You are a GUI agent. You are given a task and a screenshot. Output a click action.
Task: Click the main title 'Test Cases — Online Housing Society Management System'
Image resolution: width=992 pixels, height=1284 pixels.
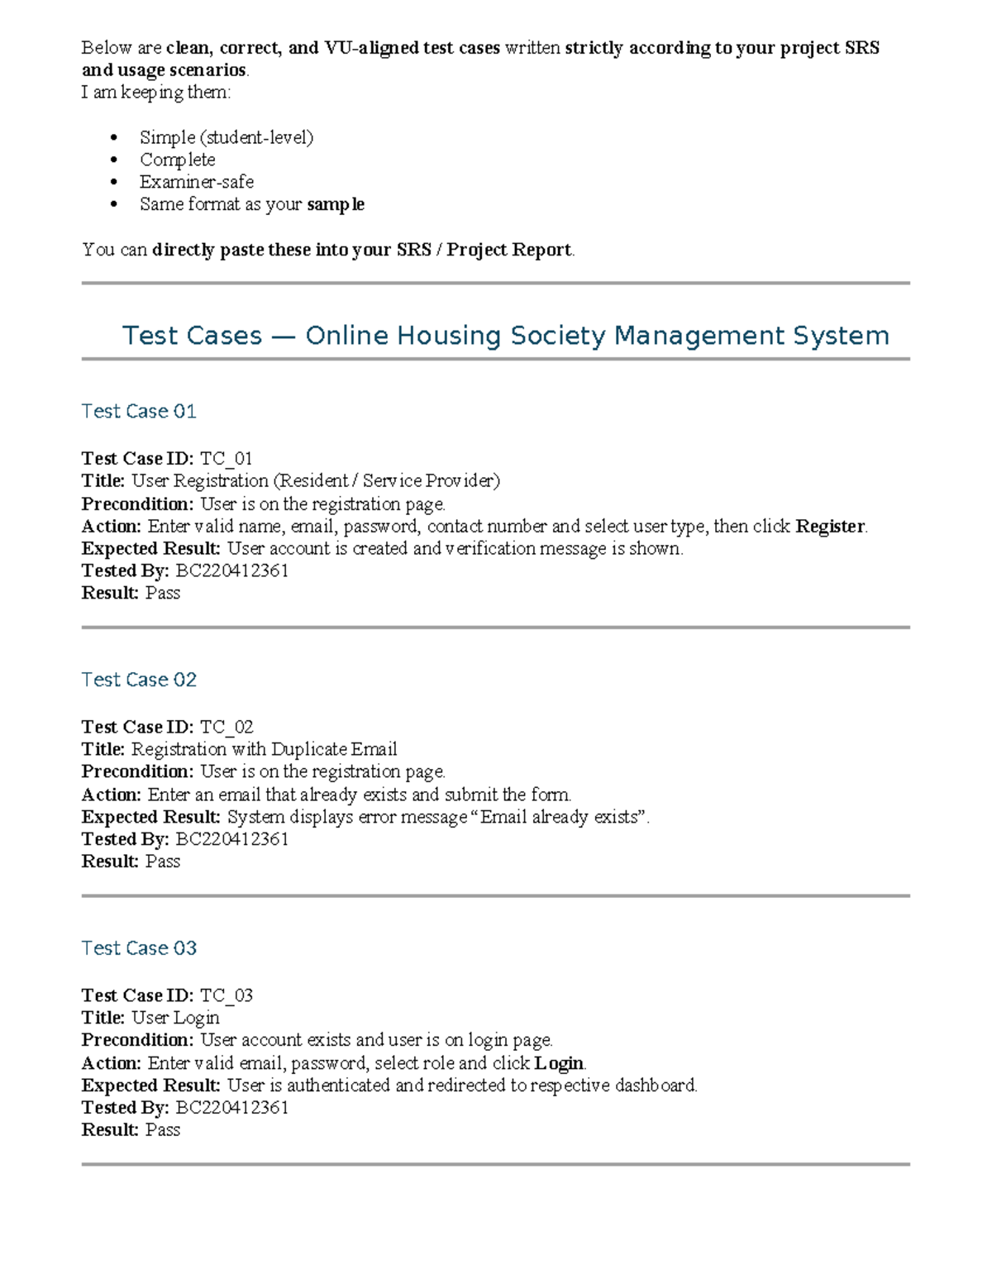tap(505, 336)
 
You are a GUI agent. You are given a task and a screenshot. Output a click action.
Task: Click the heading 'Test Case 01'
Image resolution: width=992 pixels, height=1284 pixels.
tap(139, 412)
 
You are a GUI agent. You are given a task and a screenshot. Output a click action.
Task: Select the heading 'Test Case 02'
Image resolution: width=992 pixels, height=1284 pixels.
tap(139, 680)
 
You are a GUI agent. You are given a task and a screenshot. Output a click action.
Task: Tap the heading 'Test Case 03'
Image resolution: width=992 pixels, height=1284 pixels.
tap(139, 948)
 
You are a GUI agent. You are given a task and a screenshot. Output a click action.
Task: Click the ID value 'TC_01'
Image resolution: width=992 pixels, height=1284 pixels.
tap(226, 459)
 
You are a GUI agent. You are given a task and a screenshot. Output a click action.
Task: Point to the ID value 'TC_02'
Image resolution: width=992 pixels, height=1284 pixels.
tap(226, 728)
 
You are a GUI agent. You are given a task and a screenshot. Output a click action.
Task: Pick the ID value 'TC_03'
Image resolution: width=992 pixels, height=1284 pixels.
tap(226, 995)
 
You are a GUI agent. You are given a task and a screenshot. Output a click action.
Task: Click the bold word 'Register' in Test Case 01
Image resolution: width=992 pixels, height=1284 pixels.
tap(830, 527)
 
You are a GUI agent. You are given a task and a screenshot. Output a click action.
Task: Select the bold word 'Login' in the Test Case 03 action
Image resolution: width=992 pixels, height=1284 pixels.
tap(559, 1063)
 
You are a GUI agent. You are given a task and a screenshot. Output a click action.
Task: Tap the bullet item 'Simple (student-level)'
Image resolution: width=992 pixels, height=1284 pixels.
tap(227, 137)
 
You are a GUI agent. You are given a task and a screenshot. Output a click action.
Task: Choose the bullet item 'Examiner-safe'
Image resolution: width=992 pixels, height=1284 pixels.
tap(197, 182)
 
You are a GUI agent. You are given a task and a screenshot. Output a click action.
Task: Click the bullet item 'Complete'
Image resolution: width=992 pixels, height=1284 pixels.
tap(177, 160)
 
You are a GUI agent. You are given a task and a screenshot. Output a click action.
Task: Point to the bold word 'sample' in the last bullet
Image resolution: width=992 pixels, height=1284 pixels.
tap(335, 204)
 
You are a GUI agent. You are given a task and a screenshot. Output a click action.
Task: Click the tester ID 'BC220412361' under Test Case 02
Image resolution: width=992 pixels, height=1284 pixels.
tap(232, 840)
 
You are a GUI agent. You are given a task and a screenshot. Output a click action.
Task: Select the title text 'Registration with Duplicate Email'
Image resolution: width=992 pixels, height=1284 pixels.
tap(265, 750)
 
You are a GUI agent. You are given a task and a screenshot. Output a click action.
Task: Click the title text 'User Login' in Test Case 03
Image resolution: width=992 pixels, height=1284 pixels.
tap(175, 1018)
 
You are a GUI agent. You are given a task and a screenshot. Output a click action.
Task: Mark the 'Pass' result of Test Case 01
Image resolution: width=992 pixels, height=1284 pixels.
tap(163, 594)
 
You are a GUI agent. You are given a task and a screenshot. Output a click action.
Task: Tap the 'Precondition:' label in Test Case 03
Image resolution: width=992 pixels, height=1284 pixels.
tap(137, 1040)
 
